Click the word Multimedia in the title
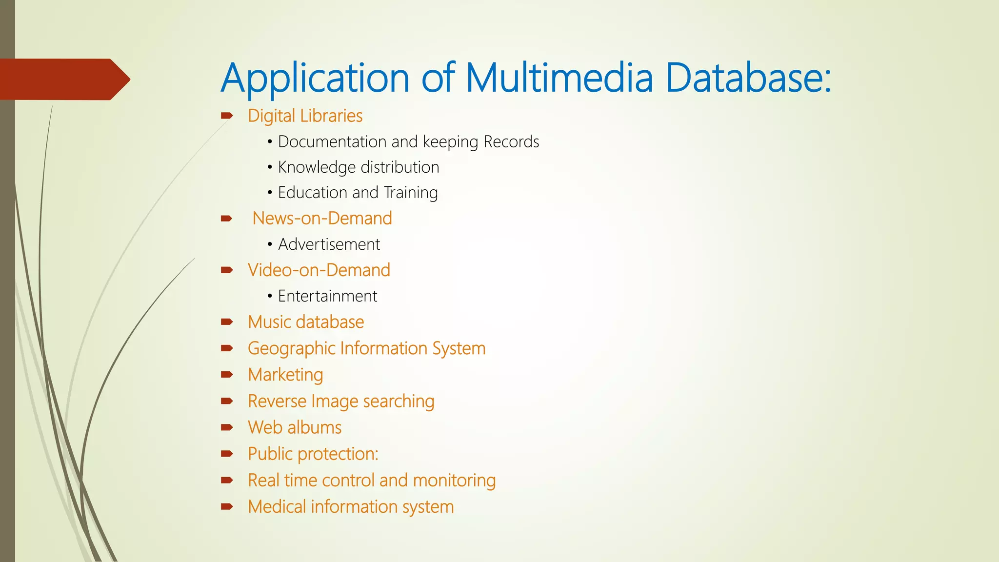coord(559,78)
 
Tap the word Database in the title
coord(748,78)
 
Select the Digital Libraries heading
coord(305,116)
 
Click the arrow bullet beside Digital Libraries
coord(227,116)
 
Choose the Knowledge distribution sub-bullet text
coord(358,167)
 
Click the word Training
coord(411,193)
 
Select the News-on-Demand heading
coord(322,219)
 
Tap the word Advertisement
coord(329,244)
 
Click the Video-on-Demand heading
coord(319,270)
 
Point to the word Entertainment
coord(327,296)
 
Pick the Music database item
coord(306,322)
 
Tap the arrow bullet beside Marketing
coord(227,375)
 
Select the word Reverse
coord(277,401)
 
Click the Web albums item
coord(295,428)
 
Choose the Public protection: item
coord(313,454)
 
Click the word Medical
coord(277,507)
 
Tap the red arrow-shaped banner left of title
coord(63,79)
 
